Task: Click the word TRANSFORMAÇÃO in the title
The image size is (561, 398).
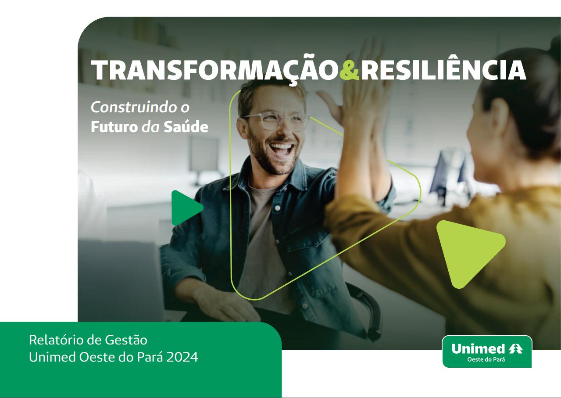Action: click(215, 70)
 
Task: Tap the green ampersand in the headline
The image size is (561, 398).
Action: click(350, 70)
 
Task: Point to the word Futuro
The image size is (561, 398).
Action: click(114, 127)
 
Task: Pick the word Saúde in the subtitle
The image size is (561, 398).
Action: click(186, 126)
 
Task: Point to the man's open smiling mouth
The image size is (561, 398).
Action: click(281, 149)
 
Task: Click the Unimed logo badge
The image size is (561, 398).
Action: click(487, 351)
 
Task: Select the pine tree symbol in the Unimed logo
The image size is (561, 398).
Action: click(516, 348)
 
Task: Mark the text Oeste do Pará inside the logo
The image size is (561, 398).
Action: click(486, 359)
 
